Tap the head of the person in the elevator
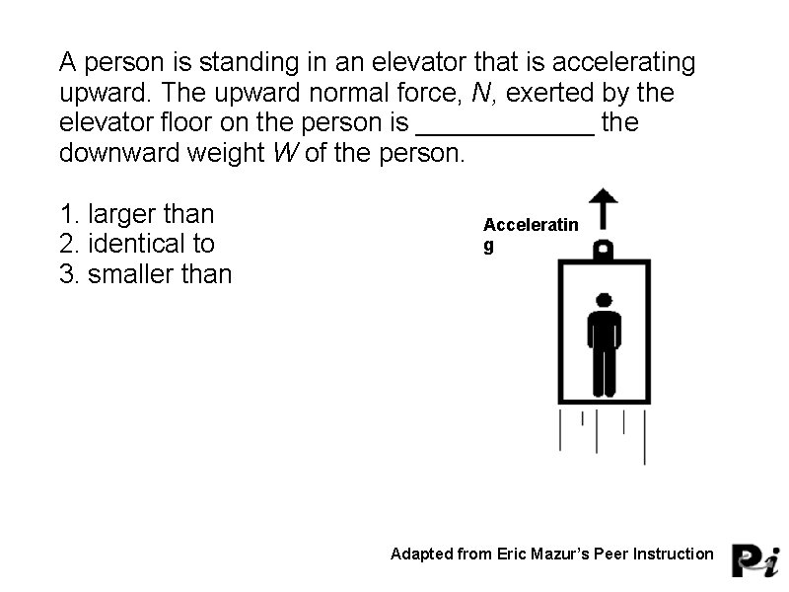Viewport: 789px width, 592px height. [x=604, y=300]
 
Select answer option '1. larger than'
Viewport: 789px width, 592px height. [x=137, y=214]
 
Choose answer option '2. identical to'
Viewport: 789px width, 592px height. [x=137, y=244]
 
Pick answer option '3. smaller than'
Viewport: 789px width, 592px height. [x=146, y=273]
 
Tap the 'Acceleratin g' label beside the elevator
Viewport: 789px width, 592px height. [x=531, y=235]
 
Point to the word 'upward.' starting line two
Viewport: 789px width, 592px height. [x=102, y=94]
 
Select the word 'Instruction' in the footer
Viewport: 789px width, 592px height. [x=669, y=554]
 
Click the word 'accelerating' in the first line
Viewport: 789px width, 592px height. [x=624, y=63]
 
